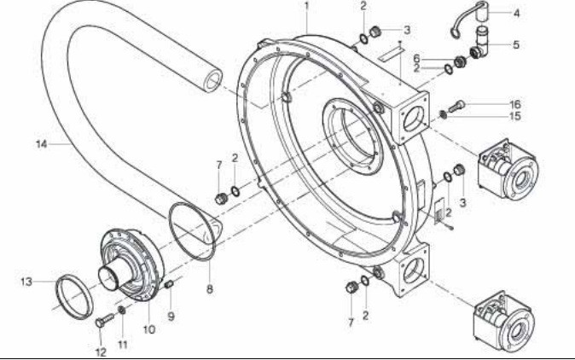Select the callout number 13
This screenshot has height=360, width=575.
(x=26, y=280)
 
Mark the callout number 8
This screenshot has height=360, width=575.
(x=210, y=289)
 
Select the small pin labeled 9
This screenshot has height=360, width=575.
(x=168, y=283)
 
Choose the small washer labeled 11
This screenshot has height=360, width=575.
(x=123, y=310)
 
